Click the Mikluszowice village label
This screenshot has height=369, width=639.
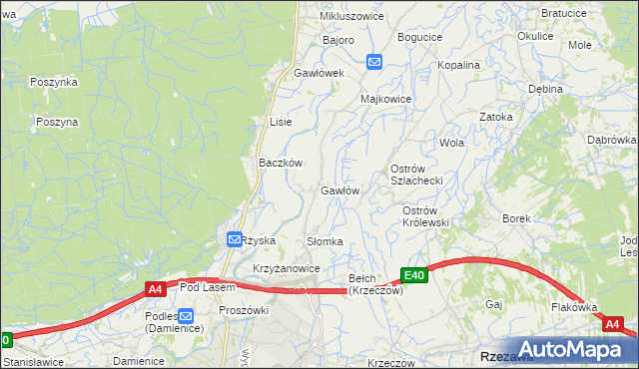tap(351, 17)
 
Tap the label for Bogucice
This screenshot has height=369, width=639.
tap(419, 37)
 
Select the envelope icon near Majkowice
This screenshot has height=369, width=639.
tap(374, 62)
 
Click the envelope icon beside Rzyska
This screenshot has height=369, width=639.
tap(233, 240)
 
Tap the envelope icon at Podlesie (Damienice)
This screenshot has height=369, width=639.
tap(187, 315)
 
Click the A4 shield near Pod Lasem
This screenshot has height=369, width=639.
tap(155, 289)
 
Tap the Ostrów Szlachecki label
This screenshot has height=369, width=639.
tap(415, 175)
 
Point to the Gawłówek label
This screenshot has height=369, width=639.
tap(319, 73)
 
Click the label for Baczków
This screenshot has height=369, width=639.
tap(281, 162)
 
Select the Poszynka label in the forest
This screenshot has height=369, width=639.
tap(54, 82)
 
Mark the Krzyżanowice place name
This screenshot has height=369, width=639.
tap(286, 268)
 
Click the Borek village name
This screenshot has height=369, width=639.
tap(515, 217)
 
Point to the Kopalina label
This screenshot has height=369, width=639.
tap(459, 65)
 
